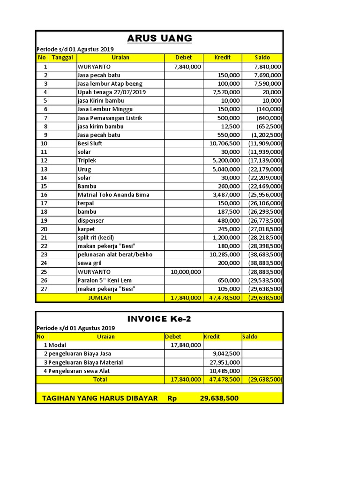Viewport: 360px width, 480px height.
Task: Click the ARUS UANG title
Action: (x=160, y=38)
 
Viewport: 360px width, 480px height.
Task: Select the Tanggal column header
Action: (x=62, y=58)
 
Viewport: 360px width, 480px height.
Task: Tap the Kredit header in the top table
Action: (x=222, y=58)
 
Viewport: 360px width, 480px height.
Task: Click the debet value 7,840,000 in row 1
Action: (x=187, y=67)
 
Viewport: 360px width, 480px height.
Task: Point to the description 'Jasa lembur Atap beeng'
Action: (x=110, y=83)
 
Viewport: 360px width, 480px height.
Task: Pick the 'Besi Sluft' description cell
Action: (x=90, y=143)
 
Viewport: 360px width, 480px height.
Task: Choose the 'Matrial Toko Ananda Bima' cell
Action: (x=114, y=195)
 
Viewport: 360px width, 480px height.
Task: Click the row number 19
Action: (x=44, y=220)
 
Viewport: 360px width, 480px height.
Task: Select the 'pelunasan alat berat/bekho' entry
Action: (x=115, y=255)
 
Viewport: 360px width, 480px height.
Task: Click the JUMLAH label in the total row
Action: (x=100, y=298)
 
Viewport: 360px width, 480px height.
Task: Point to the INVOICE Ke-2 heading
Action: (x=159, y=319)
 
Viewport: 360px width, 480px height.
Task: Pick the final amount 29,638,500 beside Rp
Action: (x=219, y=398)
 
